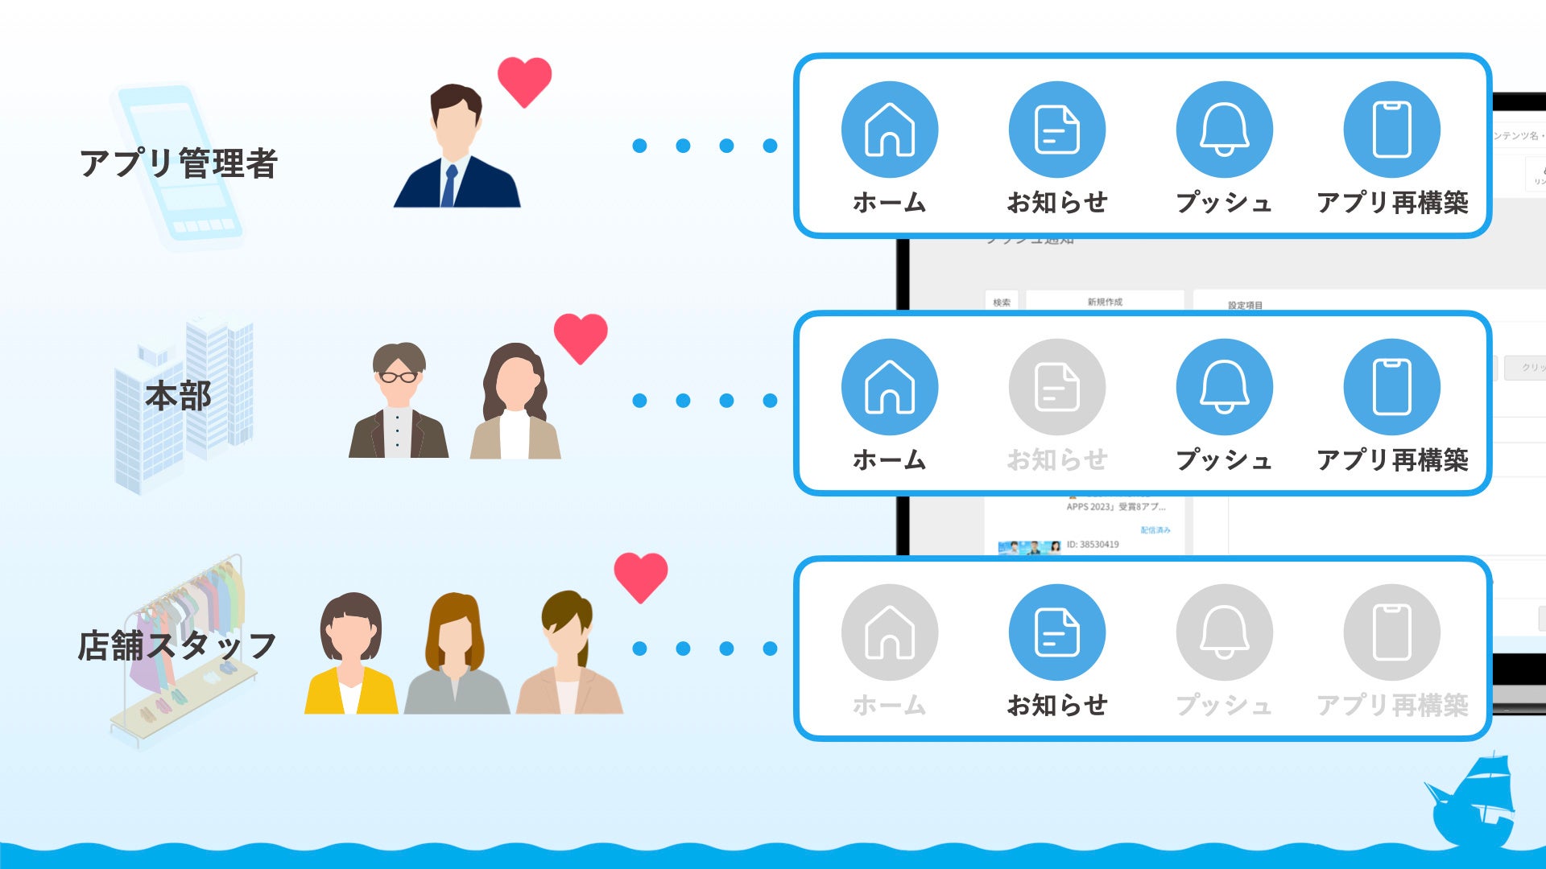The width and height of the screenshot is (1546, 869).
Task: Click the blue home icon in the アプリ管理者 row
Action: coord(889,130)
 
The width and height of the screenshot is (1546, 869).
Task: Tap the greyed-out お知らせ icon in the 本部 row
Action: coord(1056,387)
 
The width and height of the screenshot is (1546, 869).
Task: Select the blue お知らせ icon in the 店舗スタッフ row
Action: coord(1056,632)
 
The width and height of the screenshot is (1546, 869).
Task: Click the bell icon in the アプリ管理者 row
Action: coord(1224,130)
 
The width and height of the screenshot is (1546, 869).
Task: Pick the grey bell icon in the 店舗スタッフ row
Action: coord(1224,632)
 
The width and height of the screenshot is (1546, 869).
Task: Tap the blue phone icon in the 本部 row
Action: coord(1391,387)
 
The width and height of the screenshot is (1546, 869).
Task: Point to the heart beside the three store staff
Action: coord(641,577)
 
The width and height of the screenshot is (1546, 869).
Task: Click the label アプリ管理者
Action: coord(179,163)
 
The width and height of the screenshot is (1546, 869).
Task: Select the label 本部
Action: coord(178,396)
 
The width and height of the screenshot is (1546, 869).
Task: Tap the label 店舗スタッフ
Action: coord(177,646)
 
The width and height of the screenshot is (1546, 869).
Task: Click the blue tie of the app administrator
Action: coord(449,185)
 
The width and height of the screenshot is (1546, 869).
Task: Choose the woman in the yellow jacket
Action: coord(351,656)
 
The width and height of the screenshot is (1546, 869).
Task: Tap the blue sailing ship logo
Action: coord(1471,801)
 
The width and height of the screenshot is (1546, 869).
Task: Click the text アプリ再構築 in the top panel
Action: coord(1392,203)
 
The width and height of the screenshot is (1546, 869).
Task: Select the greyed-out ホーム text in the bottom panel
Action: coord(889,706)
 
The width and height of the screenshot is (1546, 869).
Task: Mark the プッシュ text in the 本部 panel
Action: coord(1224,460)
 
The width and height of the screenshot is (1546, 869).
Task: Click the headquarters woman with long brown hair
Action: coord(515,402)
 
